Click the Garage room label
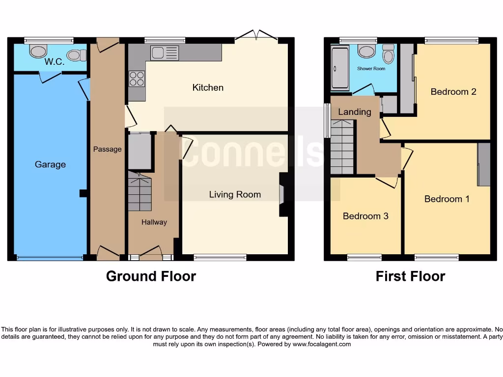tap(50, 164)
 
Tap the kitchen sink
tap(165, 52)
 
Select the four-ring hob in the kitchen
tap(137, 79)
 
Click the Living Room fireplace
tap(283, 194)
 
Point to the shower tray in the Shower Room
tap(339, 68)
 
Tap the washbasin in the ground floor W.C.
tap(37, 51)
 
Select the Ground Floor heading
tap(151, 276)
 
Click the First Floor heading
tap(410, 276)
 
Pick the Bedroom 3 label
tap(365, 216)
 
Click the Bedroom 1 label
tap(447, 199)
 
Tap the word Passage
tap(107, 149)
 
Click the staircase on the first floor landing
tap(342, 147)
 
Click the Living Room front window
tap(220, 257)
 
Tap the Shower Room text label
tap(371, 69)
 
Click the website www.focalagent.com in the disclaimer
tap(322, 344)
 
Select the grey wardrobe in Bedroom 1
tap(484, 164)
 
